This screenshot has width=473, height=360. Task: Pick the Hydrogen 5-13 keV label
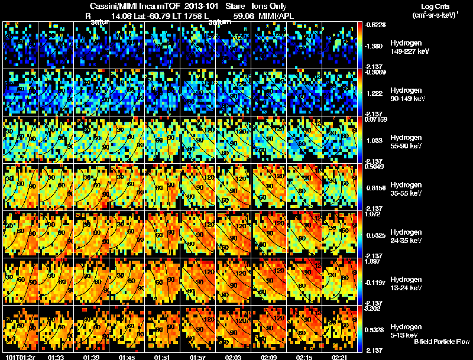406,330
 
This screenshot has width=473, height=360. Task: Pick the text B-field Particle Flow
441,342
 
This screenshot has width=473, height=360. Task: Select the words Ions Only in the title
271,6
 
